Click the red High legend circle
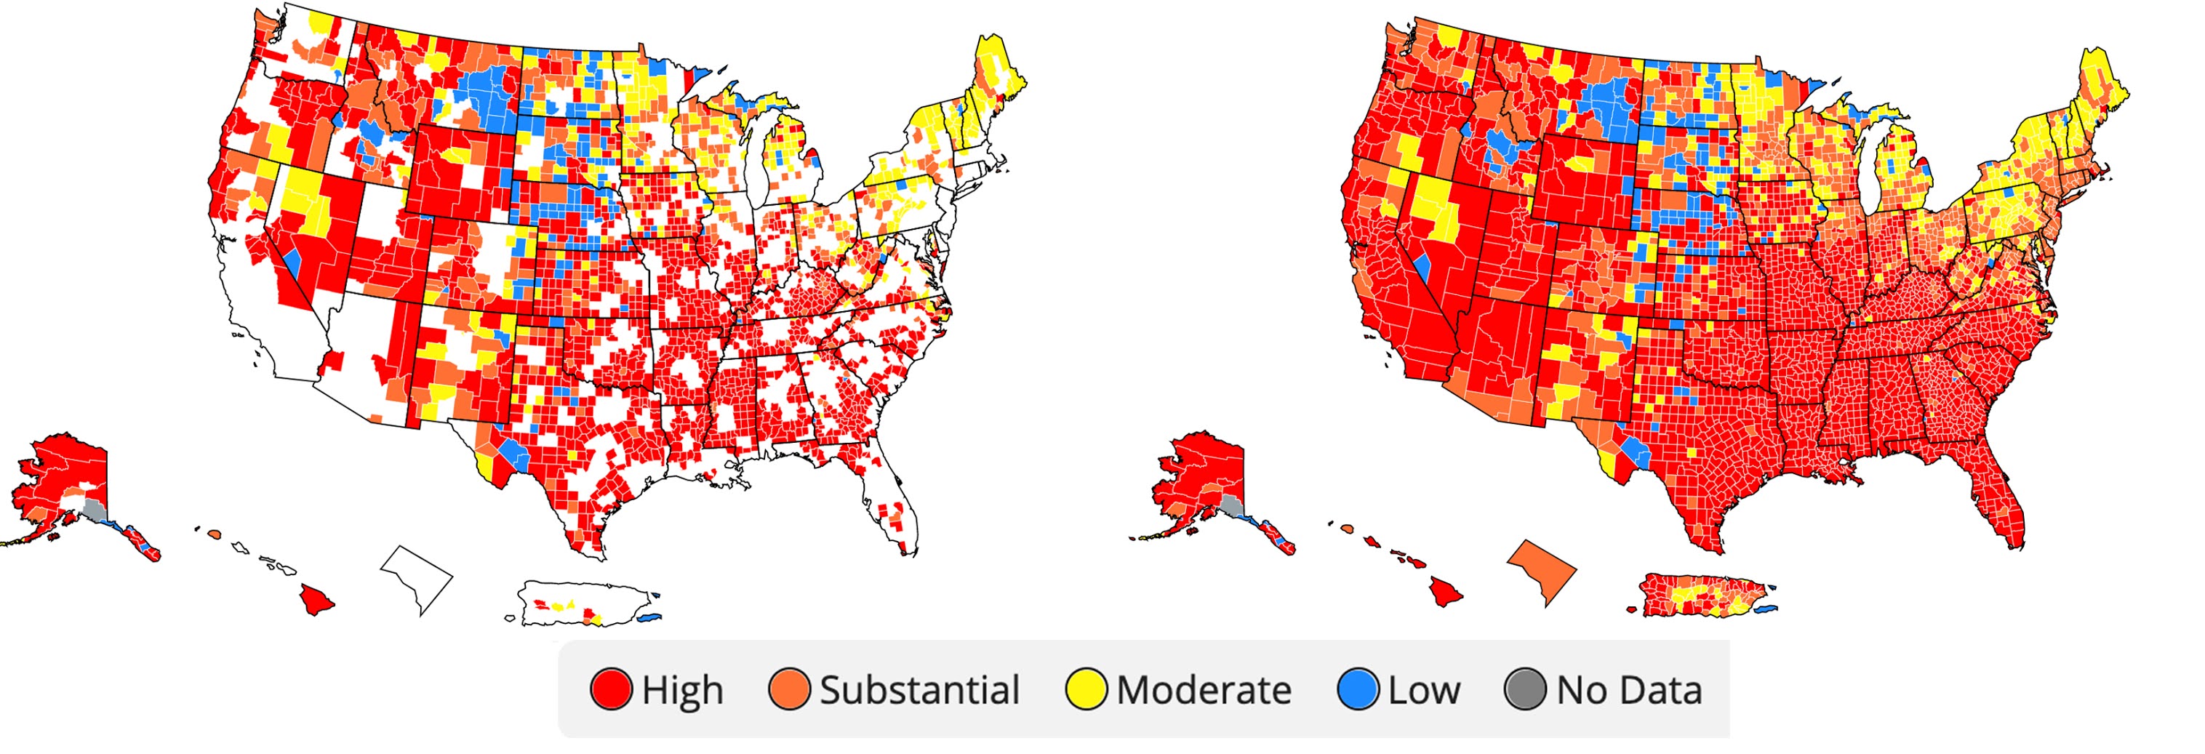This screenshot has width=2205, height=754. (611, 690)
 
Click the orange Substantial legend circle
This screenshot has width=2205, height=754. (788, 690)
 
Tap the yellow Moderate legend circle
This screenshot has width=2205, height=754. (1085, 690)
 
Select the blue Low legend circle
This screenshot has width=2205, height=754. (1358, 690)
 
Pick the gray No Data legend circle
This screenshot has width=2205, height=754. (1524, 690)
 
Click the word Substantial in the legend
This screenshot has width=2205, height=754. (919, 690)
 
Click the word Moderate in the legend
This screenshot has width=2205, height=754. (1204, 690)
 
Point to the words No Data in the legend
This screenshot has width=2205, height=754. (1629, 690)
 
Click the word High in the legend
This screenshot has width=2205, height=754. (682, 690)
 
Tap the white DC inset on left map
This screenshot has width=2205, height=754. (417, 576)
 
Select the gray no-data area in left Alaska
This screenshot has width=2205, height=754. (94, 511)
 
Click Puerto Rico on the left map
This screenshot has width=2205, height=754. (582, 603)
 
